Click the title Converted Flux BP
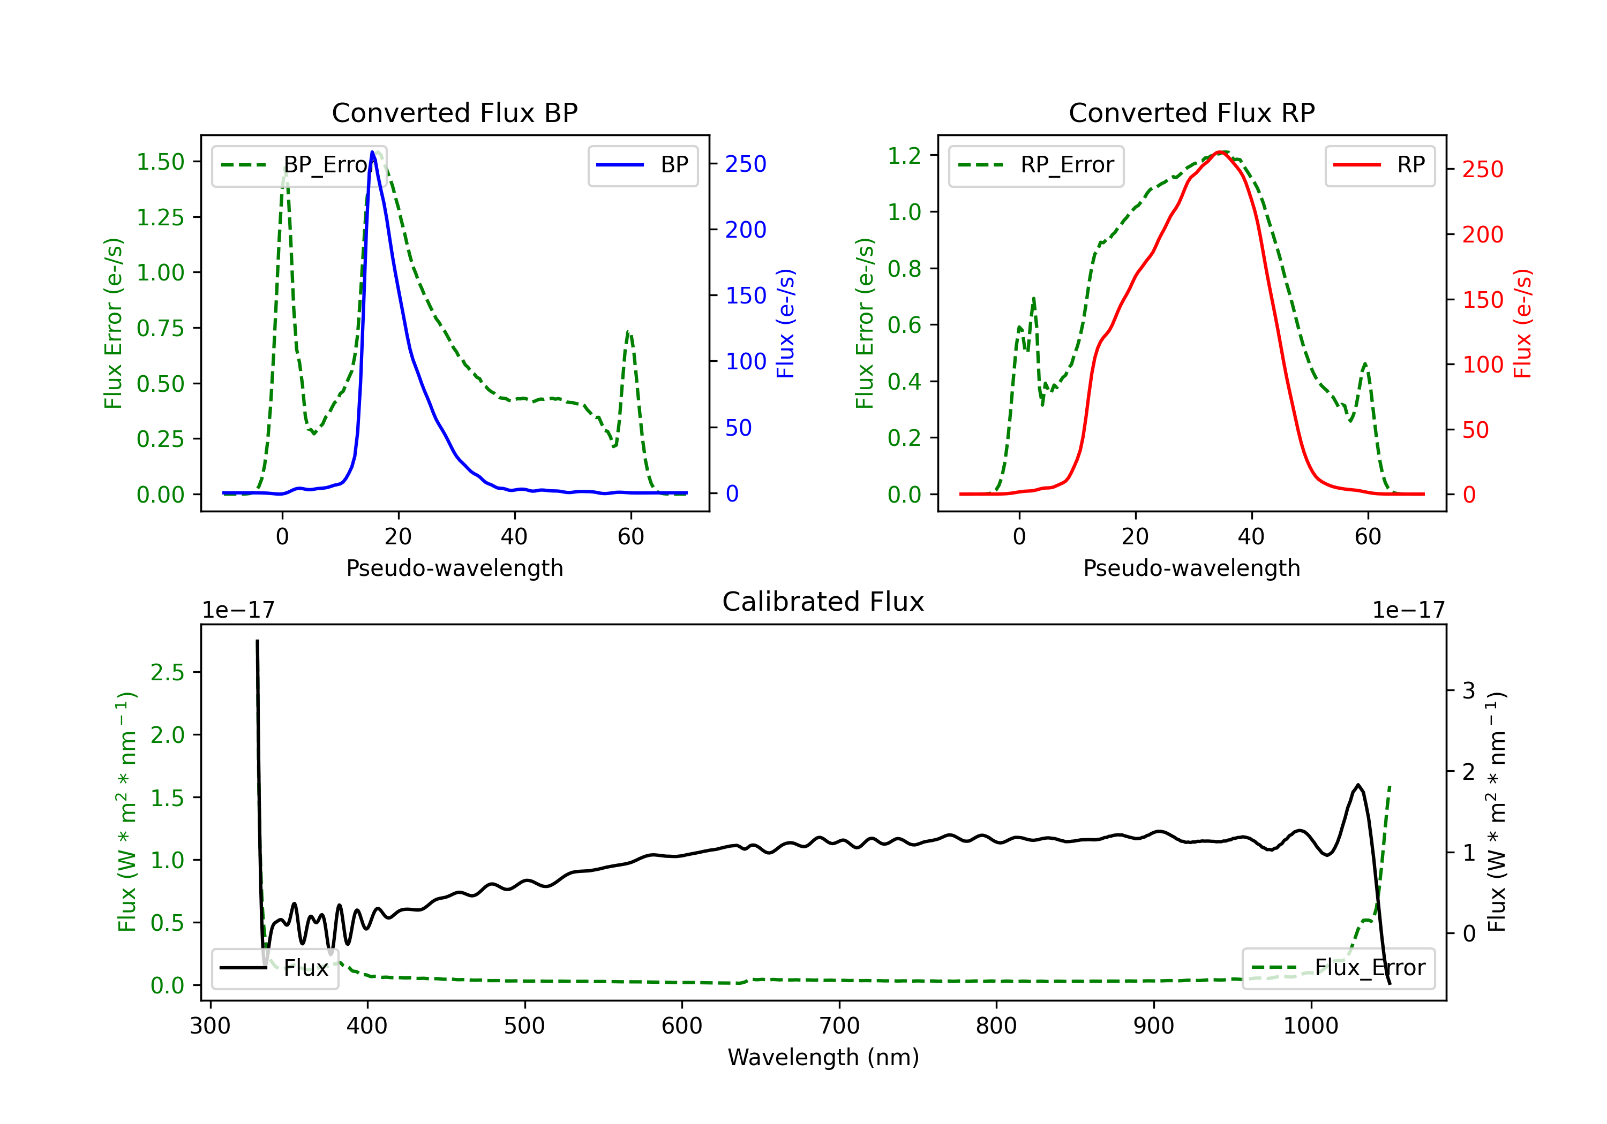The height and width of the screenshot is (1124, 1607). [454, 112]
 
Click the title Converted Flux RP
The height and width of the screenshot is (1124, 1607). [1191, 112]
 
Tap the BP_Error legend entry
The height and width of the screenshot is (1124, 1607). [299, 166]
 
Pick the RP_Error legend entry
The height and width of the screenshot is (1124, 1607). [1036, 166]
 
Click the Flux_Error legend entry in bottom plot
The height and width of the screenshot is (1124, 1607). [1338, 968]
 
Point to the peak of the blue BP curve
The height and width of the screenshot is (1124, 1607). [373, 153]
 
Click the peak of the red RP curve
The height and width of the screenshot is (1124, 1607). [1220, 152]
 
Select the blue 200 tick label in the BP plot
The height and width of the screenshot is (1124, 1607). [746, 230]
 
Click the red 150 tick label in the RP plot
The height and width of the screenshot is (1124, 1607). [1482, 300]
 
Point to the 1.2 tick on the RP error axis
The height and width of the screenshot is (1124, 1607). [904, 155]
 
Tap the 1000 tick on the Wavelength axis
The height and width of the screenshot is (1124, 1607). [1310, 1026]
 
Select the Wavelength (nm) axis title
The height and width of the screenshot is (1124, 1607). [823, 1057]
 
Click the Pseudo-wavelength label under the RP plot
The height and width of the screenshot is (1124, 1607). [1191, 568]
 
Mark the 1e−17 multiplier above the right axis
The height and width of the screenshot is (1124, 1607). [1408, 611]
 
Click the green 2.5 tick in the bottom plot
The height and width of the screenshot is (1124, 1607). [167, 673]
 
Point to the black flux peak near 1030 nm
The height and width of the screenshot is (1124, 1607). [1358, 786]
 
